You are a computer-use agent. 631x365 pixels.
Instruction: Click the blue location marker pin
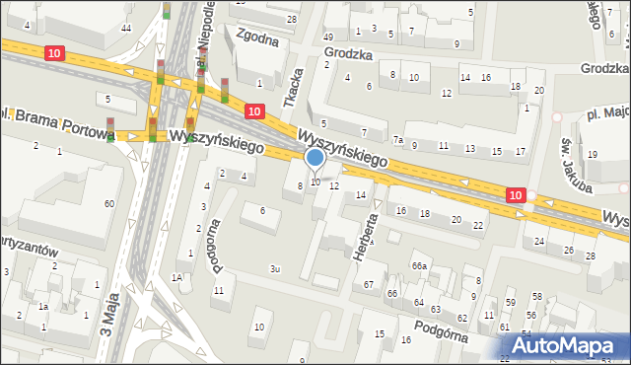[315, 158]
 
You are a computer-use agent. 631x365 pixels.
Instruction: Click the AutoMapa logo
[564, 345]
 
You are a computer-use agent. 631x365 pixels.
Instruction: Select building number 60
[109, 203]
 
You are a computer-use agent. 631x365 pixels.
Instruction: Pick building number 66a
[420, 265]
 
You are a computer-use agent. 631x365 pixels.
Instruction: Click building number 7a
[397, 140]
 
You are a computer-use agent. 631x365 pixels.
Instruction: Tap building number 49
[328, 36]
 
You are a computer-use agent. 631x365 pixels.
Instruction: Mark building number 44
[125, 28]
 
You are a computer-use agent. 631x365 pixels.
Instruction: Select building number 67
[369, 284]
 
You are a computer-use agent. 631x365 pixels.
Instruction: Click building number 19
[593, 155]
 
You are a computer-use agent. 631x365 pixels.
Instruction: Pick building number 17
[521, 151]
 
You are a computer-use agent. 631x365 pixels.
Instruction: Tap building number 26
[569, 250]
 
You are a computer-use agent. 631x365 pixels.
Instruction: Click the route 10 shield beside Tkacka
[254, 112]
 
